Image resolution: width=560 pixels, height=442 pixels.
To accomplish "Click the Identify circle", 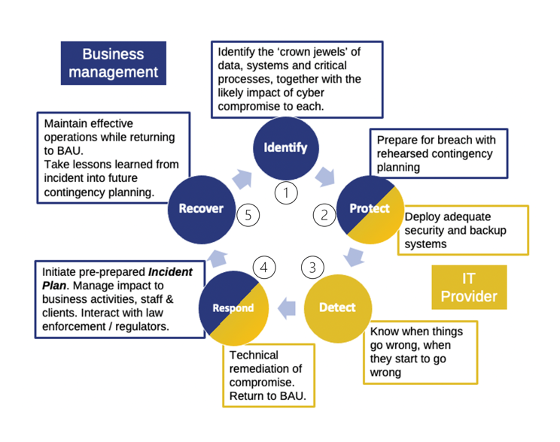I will [x=285, y=147].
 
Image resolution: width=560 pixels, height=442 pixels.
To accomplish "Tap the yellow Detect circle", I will [x=336, y=308].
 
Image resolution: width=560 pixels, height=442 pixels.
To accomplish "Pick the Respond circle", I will [x=233, y=308].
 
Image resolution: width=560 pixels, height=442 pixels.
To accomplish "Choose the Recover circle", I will [x=201, y=209].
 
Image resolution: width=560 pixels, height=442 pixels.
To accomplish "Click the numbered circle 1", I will [x=285, y=193].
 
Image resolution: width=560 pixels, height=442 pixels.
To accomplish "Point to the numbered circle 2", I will [x=324, y=215].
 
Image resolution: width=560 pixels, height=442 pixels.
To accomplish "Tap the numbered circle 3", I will [x=312, y=266].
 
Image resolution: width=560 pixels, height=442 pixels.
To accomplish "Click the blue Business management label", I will [x=113, y=63].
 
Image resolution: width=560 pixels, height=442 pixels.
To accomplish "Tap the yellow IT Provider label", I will [x=469, y=287].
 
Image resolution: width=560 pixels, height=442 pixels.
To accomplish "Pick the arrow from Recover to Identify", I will [x=243, y=178].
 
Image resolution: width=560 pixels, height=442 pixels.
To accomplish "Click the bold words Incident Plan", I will [x=117, y=279].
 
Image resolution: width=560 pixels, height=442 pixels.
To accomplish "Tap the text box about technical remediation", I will [x=268, y=375].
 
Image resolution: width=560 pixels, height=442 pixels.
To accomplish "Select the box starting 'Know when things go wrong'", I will [x=419, y=352].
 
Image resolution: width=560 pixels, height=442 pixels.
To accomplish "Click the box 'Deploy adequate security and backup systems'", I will [x=461, y=230].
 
